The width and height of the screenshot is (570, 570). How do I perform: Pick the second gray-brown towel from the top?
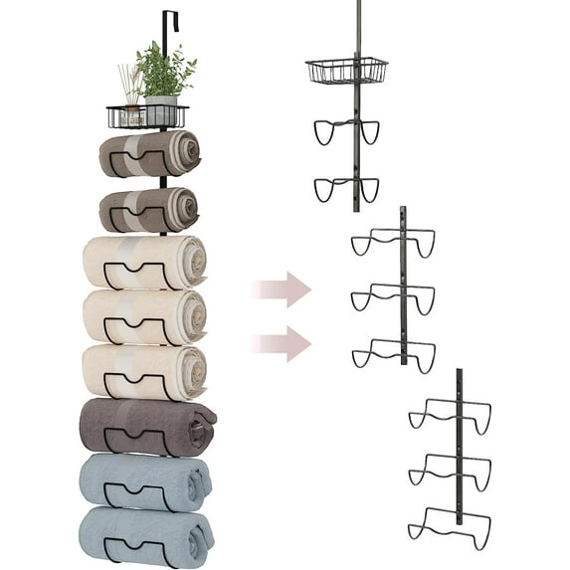coord(149,209)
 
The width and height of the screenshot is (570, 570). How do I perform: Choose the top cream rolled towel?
coord(144,262)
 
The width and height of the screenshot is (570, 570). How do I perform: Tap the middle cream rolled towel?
coord(144,315)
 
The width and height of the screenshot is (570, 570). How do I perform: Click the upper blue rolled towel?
coord(145,481)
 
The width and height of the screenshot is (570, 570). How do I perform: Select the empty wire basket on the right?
coord(346,71)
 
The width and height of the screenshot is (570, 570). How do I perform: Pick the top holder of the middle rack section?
coord(393,242)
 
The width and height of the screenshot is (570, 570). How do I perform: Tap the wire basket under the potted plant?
coord(146,117)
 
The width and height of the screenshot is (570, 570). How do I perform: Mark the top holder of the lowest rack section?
coord(450,413)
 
